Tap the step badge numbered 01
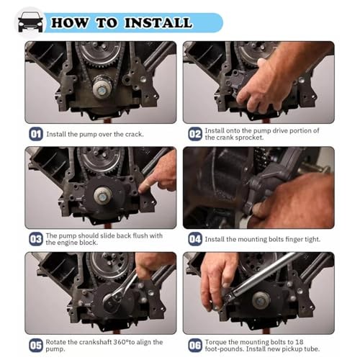coord(35,133)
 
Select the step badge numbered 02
coord(195,133)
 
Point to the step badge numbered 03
coord(35,238)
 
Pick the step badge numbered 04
coord(195,238)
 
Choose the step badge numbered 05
coord(35,344)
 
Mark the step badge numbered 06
coord(195,344)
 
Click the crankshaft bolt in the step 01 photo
coord(102,89)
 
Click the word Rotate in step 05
coord(58,341)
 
